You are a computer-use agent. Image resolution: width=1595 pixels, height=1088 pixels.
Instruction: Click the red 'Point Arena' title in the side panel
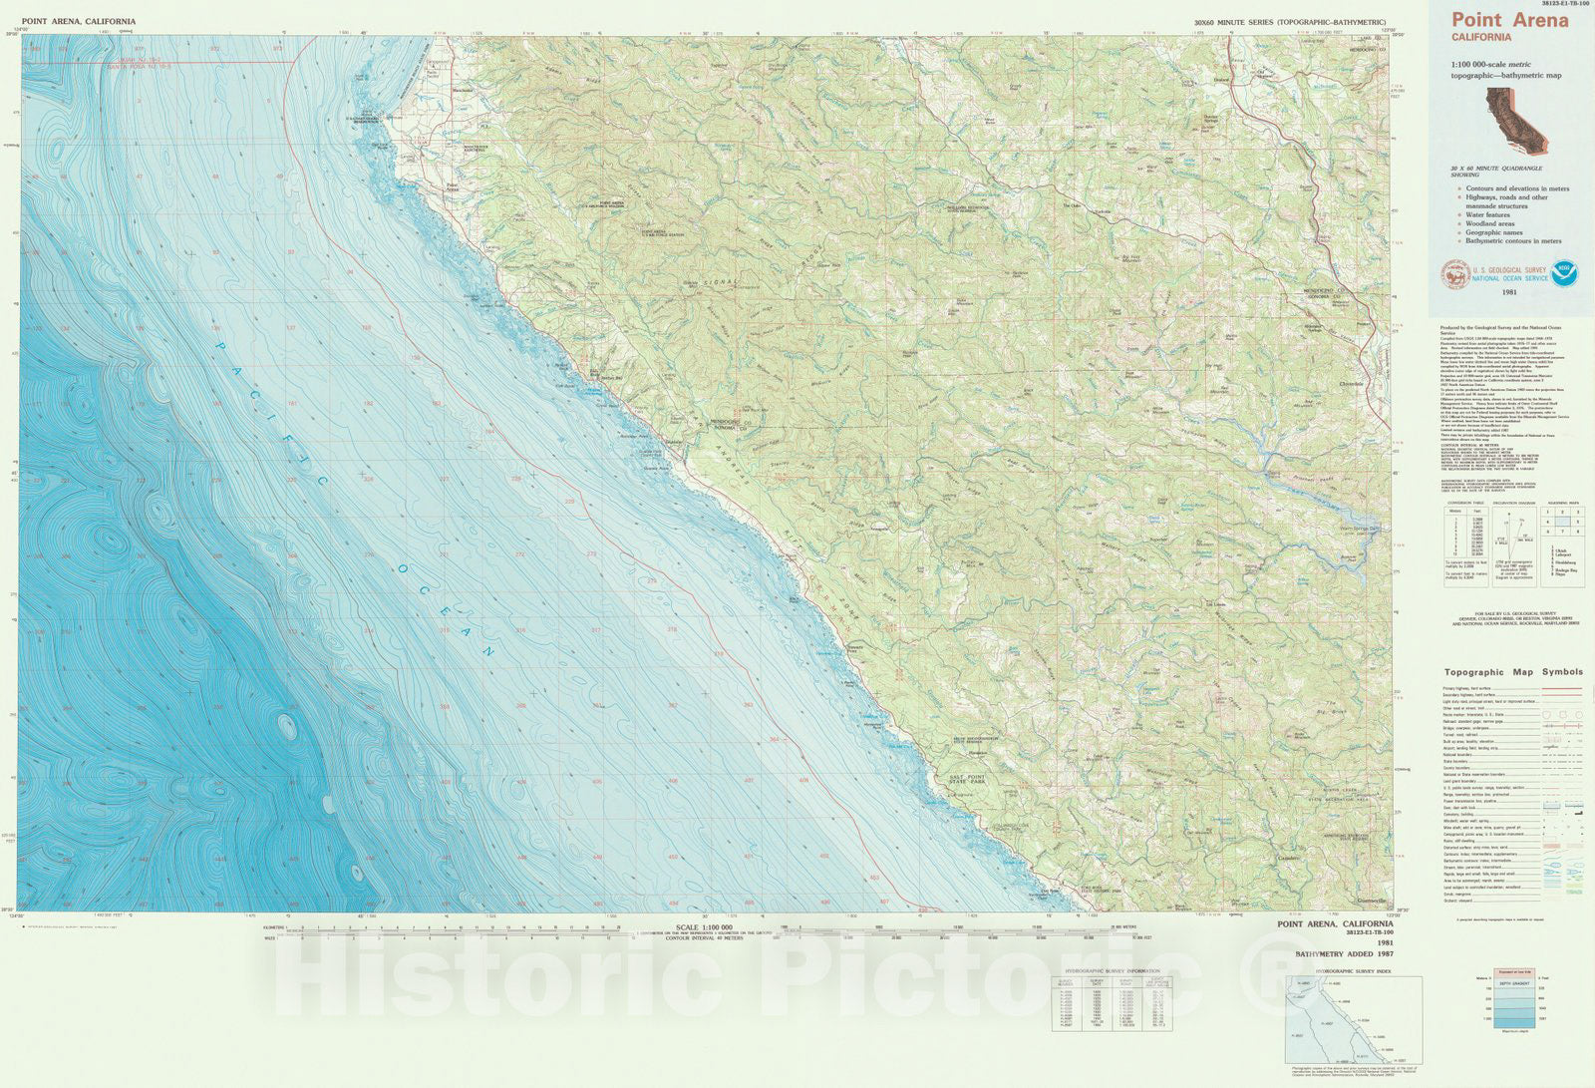(x=1509, y=20)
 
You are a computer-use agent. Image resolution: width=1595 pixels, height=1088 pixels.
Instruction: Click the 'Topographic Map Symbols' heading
(x=1512, y=672)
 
